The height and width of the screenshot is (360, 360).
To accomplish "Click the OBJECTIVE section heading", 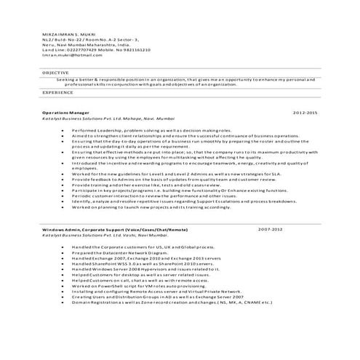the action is click(x=55, y=73).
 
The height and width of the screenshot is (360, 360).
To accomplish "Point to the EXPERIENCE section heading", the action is click(x=57, y=93).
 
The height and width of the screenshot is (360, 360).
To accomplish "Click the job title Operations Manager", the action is click(x=65, y=114).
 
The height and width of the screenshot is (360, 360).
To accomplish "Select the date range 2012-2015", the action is click(x=305, y=114).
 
